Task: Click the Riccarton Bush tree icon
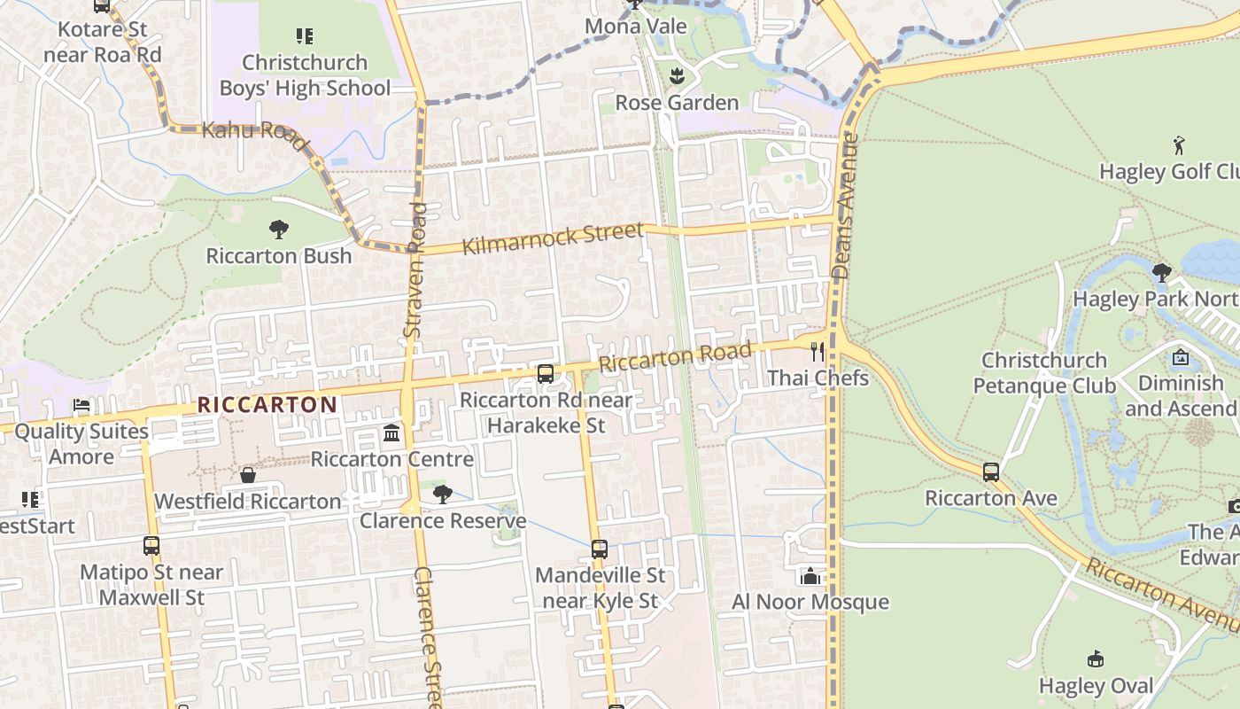[x=279, y=230]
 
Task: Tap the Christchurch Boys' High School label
[x=305, y=75]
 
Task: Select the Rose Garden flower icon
[x=678, y=76]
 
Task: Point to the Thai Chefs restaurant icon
[x=817, y=352]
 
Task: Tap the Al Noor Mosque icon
[x=810, y=577]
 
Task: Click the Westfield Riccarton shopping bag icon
[x=248, y=476]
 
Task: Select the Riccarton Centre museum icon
[x=391, y=433]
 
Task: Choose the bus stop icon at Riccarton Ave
[x=990, y=472]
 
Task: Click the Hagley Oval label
[x=1097, y=686]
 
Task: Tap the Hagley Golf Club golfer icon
[x=1178, y=145]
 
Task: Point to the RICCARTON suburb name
[x=267, y=405]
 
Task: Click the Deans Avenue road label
[x=846, y=206]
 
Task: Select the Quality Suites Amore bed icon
[x=81, y=406]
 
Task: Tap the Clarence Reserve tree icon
[x=442, y=495]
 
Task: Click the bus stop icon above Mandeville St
[x=600, y=549]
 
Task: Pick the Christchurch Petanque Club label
[x=1044, y=373]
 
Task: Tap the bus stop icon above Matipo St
[x=151, y=546]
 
